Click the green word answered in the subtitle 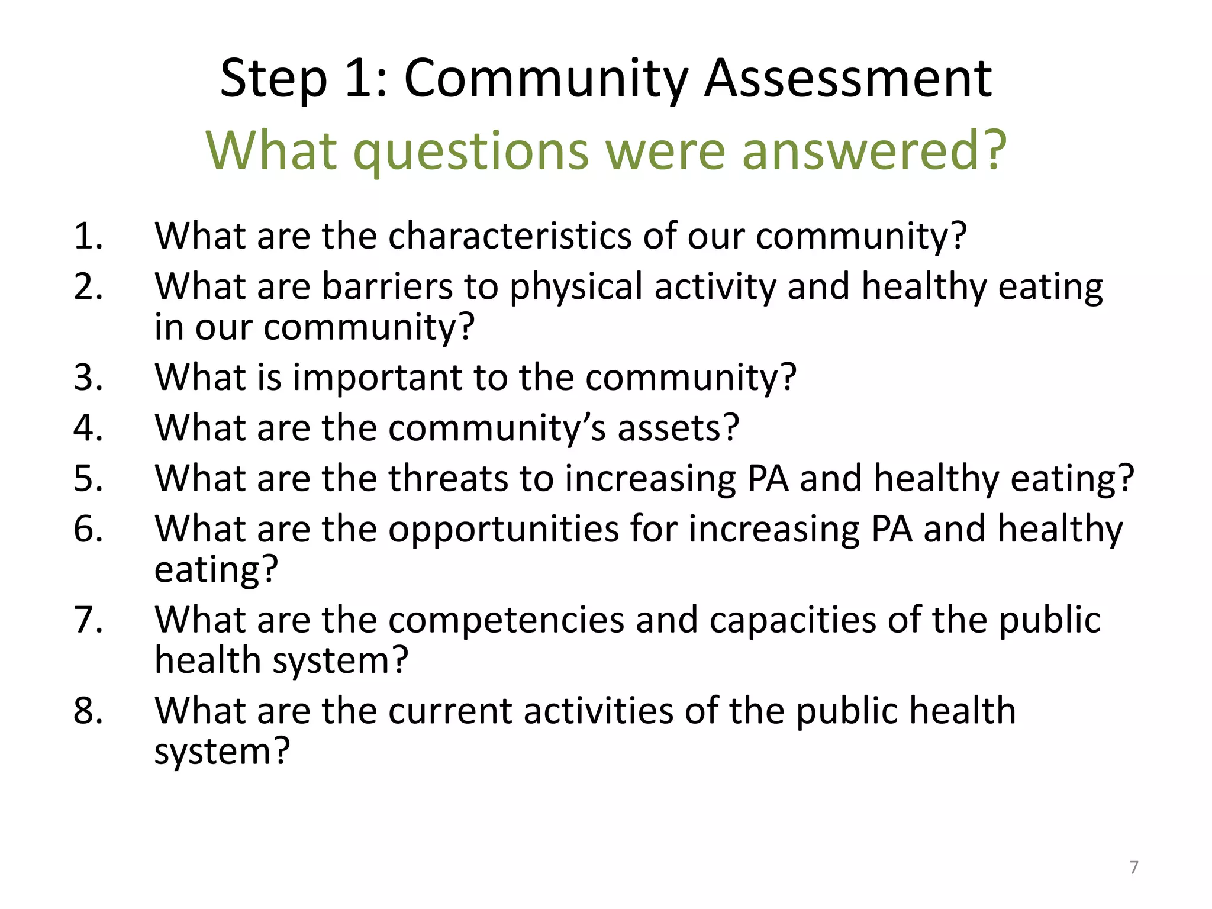(873, 150)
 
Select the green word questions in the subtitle (471, 151)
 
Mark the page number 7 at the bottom (1133, 867)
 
